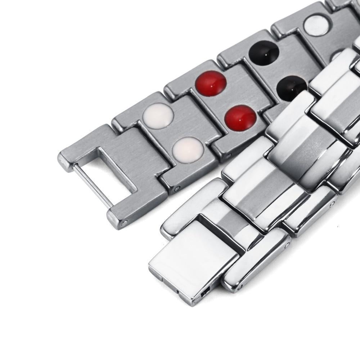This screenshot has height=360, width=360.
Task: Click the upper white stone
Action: (158, 116)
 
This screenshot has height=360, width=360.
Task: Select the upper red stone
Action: (211, 84)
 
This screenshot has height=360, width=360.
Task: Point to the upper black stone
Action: (264, 53)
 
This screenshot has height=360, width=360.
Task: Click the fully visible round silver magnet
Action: (316, 24)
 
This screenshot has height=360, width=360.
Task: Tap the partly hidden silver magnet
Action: (337, 55)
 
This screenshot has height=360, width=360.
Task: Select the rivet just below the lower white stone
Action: (177, 188)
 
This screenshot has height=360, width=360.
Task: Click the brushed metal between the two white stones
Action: (173, 133)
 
